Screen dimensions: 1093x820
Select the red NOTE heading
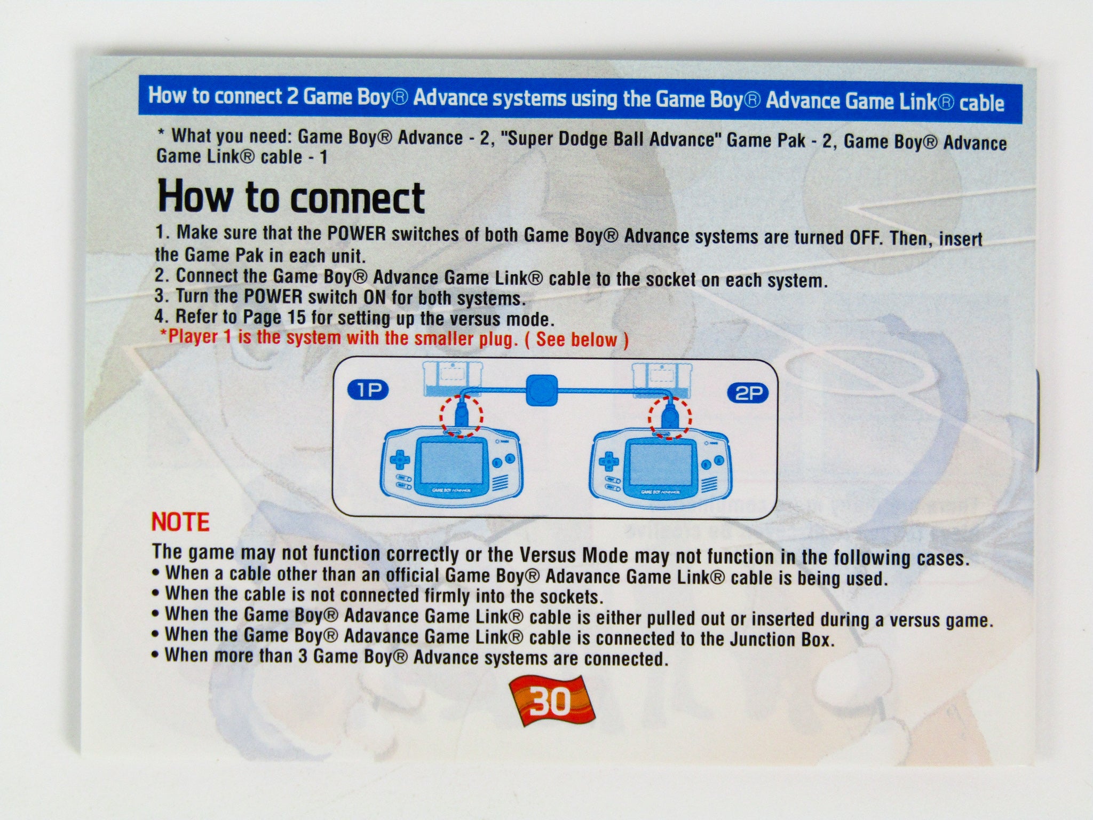point(180,522)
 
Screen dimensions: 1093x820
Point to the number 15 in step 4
point(297,317)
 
